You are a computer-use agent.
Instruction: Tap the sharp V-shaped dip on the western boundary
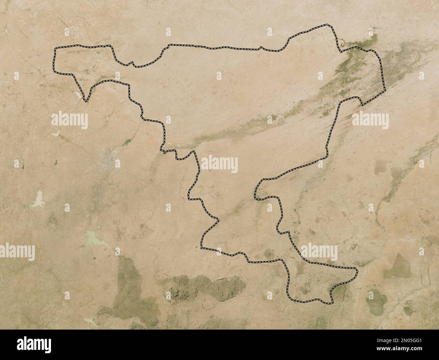click(x=85, y=100)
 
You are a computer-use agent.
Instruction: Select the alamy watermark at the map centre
click(x=220, y=165)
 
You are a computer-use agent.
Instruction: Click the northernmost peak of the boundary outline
click(x=327, y=25)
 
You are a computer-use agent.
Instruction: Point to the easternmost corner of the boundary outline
click(x=385, y=90)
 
